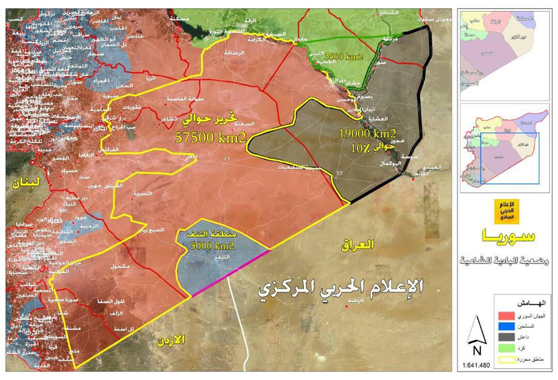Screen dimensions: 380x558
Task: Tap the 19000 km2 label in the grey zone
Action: [366, 132]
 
